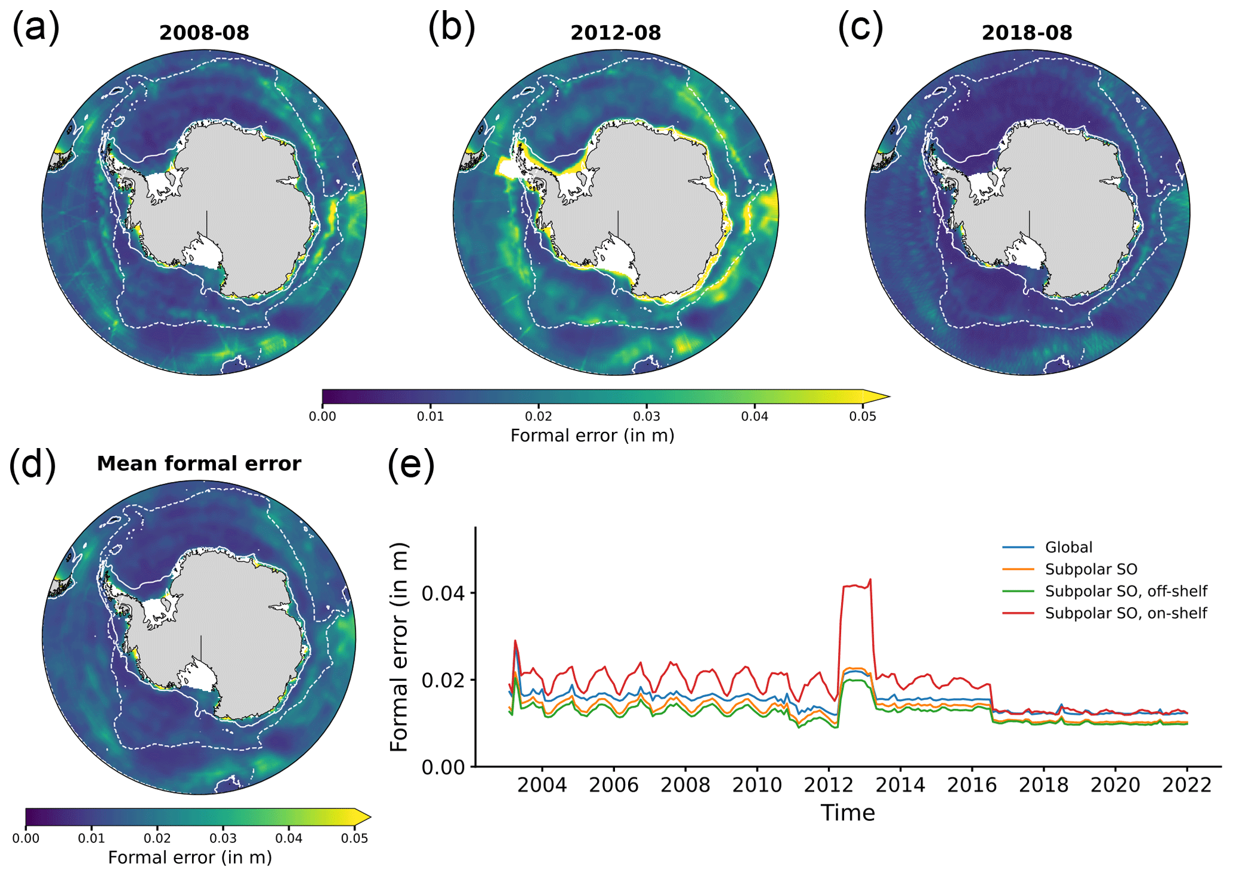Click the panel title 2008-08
click(x=204, y=32)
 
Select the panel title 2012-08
click(x=616, y=32)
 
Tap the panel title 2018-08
click(x=1027, y=32)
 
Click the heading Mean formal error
click(x=199, y=464)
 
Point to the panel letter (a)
click(x=36, y=27)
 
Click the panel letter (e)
click(x=411, y=465)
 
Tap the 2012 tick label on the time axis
click(x=829, y=785)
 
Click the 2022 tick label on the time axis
click(x=1186, y=785)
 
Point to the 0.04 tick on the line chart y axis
click(x=444, y=593)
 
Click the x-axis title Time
click(x=848, y=813)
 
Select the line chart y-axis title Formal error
click(x=398, y=647)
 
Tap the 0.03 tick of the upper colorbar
click(x=647, y=416)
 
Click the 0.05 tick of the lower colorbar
click(x=354, y=838)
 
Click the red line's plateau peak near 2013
click(x=870, y=579)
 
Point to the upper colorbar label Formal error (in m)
click(x=592, y=436)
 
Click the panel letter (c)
click(x=860, y=27)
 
